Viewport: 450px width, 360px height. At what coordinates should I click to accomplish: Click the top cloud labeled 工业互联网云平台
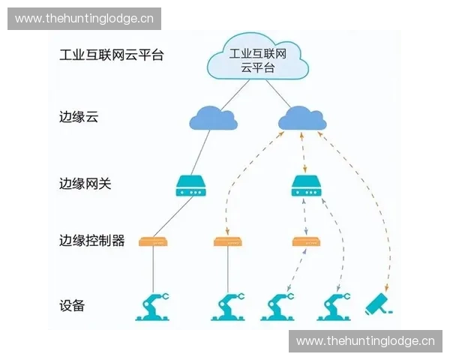pos(258,58)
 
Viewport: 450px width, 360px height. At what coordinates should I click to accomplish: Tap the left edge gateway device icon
pos(191,186)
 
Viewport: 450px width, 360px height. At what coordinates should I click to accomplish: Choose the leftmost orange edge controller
pos(153,241)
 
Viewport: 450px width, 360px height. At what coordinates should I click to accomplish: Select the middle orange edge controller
pos(228,241)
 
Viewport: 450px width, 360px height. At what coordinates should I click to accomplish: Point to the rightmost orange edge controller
pos(306,241)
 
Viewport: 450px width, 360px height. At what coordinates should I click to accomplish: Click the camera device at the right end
pos(379,304)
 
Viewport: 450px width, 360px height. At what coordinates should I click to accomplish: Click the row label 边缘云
pos(79,118)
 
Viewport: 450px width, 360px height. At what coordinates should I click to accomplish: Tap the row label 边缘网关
pos(85,183)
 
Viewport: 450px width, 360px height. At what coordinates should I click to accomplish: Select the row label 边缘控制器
pos(91,241)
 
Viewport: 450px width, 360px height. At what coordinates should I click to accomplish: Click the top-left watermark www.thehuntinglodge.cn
pos(84,19)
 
